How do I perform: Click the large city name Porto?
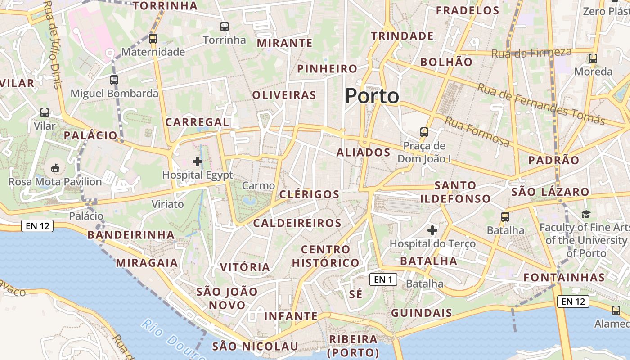[x=372, y=96]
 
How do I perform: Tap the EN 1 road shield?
[x=383, y=279]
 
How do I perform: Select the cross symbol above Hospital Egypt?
[x=197, y=161]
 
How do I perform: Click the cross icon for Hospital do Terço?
[x=432, y=231]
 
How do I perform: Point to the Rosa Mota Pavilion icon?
[x=55, y=168]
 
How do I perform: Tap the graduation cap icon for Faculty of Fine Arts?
[x=585, y=214]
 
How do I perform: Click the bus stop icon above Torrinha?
[x=225, y=27]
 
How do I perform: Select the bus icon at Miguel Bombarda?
[x=114, y=80]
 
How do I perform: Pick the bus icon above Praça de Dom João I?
[x=424, y=132]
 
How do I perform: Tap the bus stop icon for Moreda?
[x=593, y=58]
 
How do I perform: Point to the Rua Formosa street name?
[x=477, y=131]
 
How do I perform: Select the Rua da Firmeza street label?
[x=531, y=53]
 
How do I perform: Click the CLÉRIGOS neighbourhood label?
[x=309, y=194]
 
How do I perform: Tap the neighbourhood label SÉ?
[x=355, y=294]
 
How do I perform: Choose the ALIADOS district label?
[x=364, y=153]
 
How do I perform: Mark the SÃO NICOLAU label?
[x=255, y=346]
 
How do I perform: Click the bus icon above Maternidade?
[x=153, y=39]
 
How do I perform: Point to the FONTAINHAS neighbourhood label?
[x=564, y=277]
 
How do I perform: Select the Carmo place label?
[x=258, y=185]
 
